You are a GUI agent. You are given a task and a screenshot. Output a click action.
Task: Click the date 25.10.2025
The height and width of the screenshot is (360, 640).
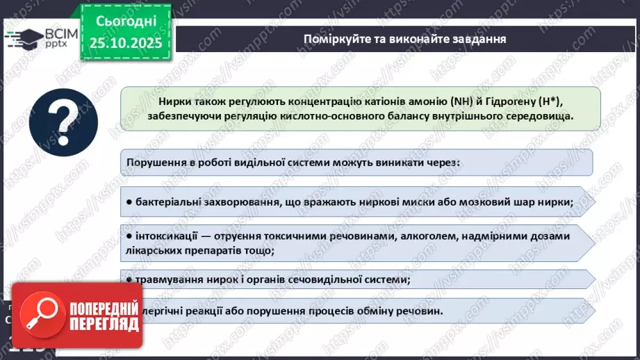point(125,42)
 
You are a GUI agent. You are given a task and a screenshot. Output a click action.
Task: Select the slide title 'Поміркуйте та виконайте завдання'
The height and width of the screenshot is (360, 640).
point(404,38)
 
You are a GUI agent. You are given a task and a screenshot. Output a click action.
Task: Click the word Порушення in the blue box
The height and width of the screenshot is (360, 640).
point(156,163)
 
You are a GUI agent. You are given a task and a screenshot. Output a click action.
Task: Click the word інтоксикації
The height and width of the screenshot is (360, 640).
point(166,236)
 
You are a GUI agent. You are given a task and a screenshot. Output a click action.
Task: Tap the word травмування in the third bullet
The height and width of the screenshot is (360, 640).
point(167,280)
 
